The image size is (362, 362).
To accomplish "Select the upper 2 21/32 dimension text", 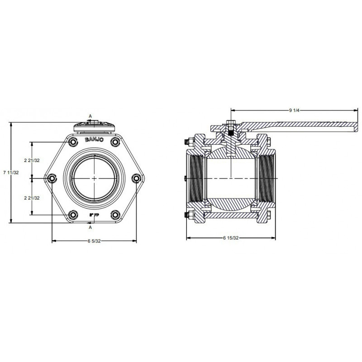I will pyautogui.click(x=31, y=160).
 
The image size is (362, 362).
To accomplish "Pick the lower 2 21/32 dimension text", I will pyautogui.click(x=31, y=198).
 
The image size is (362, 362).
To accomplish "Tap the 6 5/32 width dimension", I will pyautogui.click(x=95, y=241).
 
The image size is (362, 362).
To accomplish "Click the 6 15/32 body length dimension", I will pyautogui.click(x=230, y=238).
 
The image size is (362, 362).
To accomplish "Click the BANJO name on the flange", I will pyautogui.click(x=94, y=140).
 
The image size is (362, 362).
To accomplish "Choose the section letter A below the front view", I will pyautogui.click(x=90, y=228).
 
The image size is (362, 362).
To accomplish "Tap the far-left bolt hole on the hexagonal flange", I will pyautogui.click(x=52, y=179).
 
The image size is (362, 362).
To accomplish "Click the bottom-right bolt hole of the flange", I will pyautogui.click(x=115, y=214).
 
